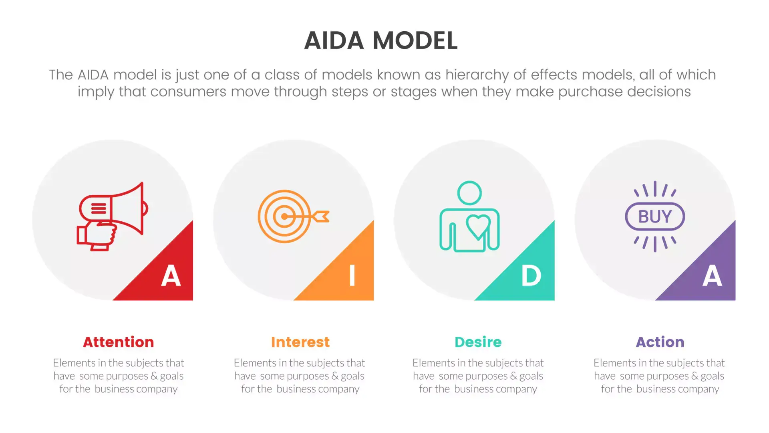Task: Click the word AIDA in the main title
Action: click(334, 40)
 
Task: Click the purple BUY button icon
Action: click(655, 216)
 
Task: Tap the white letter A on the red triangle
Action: click(171, 276)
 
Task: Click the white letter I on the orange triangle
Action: click(352, 276)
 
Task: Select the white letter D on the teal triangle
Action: click(531, 276)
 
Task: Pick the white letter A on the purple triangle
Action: click(712, 276)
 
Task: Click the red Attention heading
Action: click(119, 342)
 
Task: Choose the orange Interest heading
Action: click(300, 342)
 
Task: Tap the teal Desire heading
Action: click(478, 342)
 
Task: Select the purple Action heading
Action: click(660, 342)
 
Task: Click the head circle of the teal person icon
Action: click(469, 193)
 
